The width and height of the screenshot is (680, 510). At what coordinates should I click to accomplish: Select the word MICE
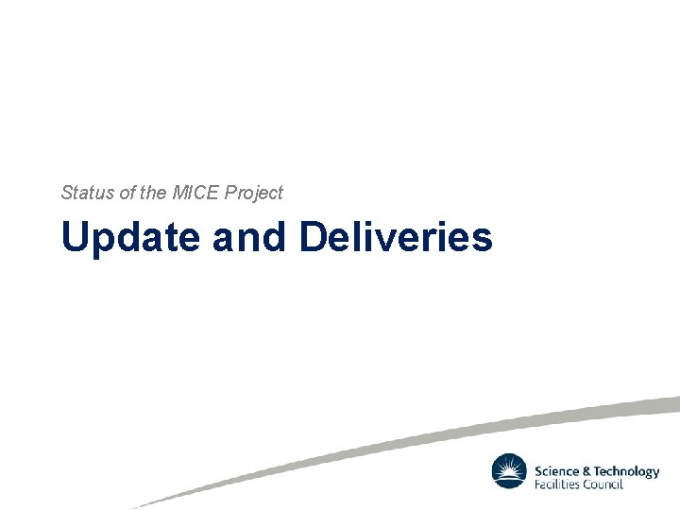tap(195, 193)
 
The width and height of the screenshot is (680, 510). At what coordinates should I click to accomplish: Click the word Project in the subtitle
tap(253, 194)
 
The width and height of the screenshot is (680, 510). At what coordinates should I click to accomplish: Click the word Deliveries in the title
tap(396, 237)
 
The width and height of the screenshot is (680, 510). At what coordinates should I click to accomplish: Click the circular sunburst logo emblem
tap(509, 471)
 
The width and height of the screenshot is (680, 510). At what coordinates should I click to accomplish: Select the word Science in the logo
tap(557, 471)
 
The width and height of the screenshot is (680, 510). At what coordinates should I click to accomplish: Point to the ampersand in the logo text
tap(586, 471)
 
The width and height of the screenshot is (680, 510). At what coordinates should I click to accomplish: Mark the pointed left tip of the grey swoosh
tap(135, 506)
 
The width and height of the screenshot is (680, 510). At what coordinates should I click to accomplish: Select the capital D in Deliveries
tap(313, 237)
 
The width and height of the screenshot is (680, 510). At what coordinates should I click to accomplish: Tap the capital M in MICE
tap(180, 193)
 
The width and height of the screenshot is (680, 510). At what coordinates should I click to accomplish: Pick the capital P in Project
tap(231, 193)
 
